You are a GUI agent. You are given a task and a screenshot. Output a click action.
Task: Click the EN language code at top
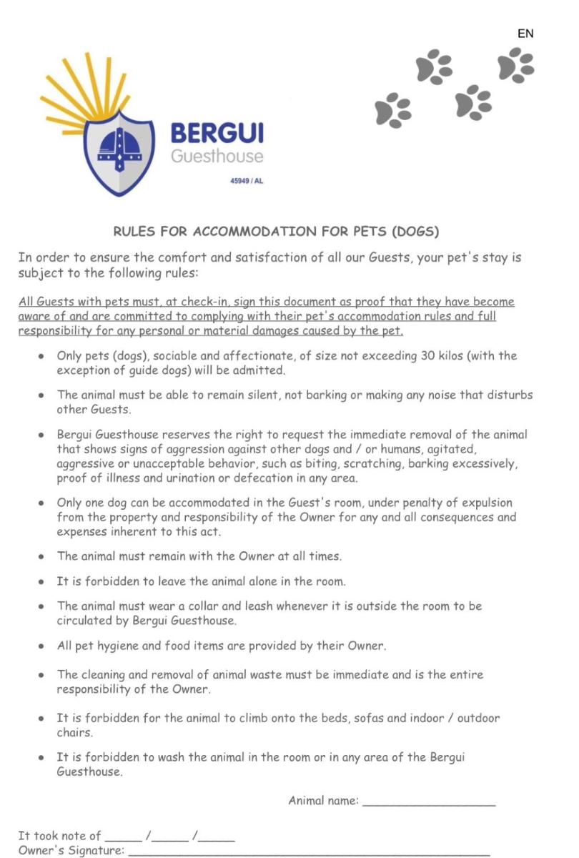525,34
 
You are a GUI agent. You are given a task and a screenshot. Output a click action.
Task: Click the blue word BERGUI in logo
217,133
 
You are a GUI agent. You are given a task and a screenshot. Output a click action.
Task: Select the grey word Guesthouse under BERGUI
217,156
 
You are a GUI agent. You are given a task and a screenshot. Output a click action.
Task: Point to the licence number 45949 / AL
247,181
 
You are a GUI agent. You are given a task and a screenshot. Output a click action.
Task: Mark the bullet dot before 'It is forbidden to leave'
42,582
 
